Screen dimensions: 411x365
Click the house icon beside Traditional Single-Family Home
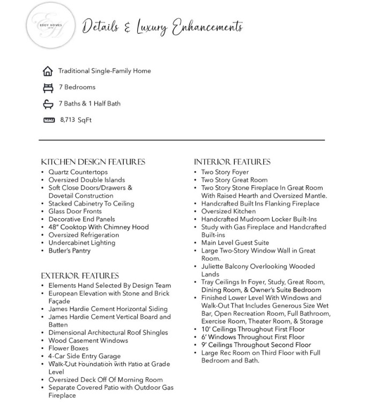[48, 71]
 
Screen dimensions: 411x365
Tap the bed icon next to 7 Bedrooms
[48, 87]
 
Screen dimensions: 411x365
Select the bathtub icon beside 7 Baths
[48, 104]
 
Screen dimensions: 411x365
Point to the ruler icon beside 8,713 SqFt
[49, 120]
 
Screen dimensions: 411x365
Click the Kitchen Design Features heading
[93, 162]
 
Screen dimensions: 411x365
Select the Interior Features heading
[232, 162]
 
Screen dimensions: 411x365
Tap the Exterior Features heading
[80, 276]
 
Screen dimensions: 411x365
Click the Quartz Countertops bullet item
[78, 172]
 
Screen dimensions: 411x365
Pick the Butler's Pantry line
[69, 250]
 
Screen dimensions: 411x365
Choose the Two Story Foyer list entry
[225, 172]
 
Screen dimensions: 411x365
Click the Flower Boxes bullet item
[68, 348]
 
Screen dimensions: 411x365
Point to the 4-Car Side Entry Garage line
[84, 356]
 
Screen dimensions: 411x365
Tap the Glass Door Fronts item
[75, 211]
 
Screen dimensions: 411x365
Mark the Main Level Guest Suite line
[235, 242]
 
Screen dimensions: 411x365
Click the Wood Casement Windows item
[88, 340]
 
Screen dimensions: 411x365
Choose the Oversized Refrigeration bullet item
[84, 235]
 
